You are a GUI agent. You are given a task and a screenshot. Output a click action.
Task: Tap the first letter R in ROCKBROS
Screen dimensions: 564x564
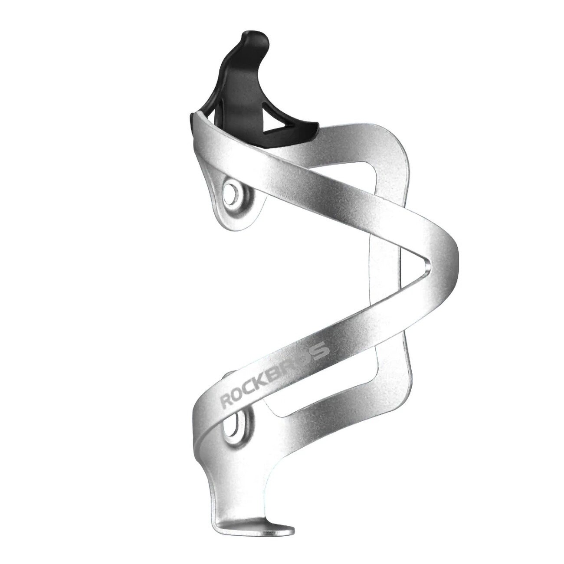[x=226, y=402]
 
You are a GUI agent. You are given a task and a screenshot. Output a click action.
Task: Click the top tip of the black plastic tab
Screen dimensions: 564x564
[x=255, y=36]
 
